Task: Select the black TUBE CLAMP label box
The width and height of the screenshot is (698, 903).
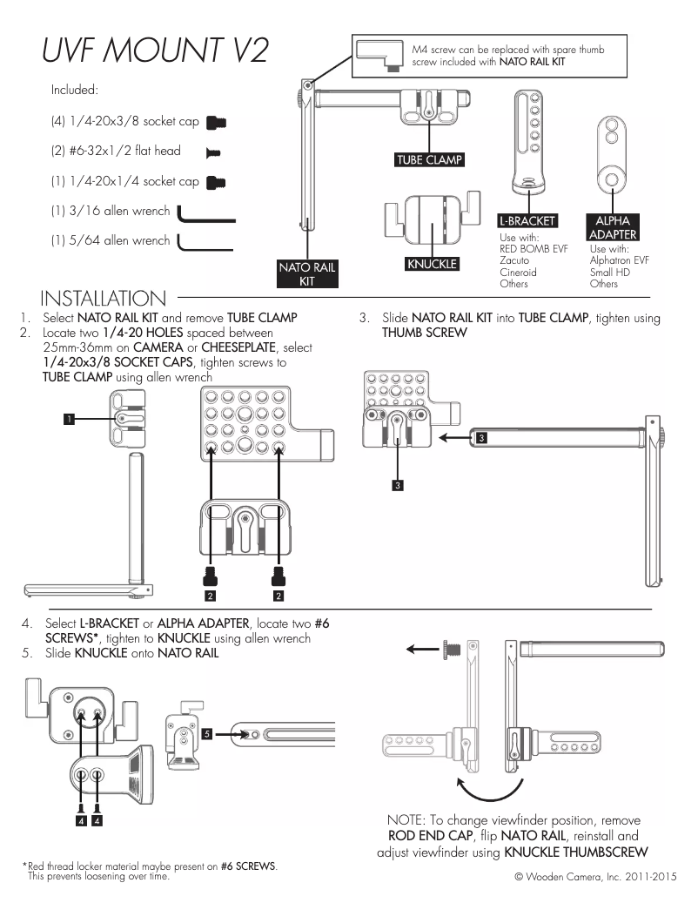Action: [429, 160]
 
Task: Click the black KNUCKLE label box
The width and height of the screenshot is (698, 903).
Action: [432, 264]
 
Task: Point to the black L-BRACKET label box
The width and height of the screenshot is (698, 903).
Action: [527, 221]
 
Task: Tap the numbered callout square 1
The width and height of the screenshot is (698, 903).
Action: [68, 420]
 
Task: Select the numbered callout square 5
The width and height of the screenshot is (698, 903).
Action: [206, 735]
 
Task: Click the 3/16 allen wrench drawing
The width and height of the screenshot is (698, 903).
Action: [205, 214]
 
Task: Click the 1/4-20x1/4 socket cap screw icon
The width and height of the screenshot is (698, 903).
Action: [216, 183]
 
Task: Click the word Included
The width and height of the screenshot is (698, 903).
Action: [74, 90]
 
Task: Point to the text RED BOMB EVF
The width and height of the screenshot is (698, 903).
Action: [534, 249]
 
